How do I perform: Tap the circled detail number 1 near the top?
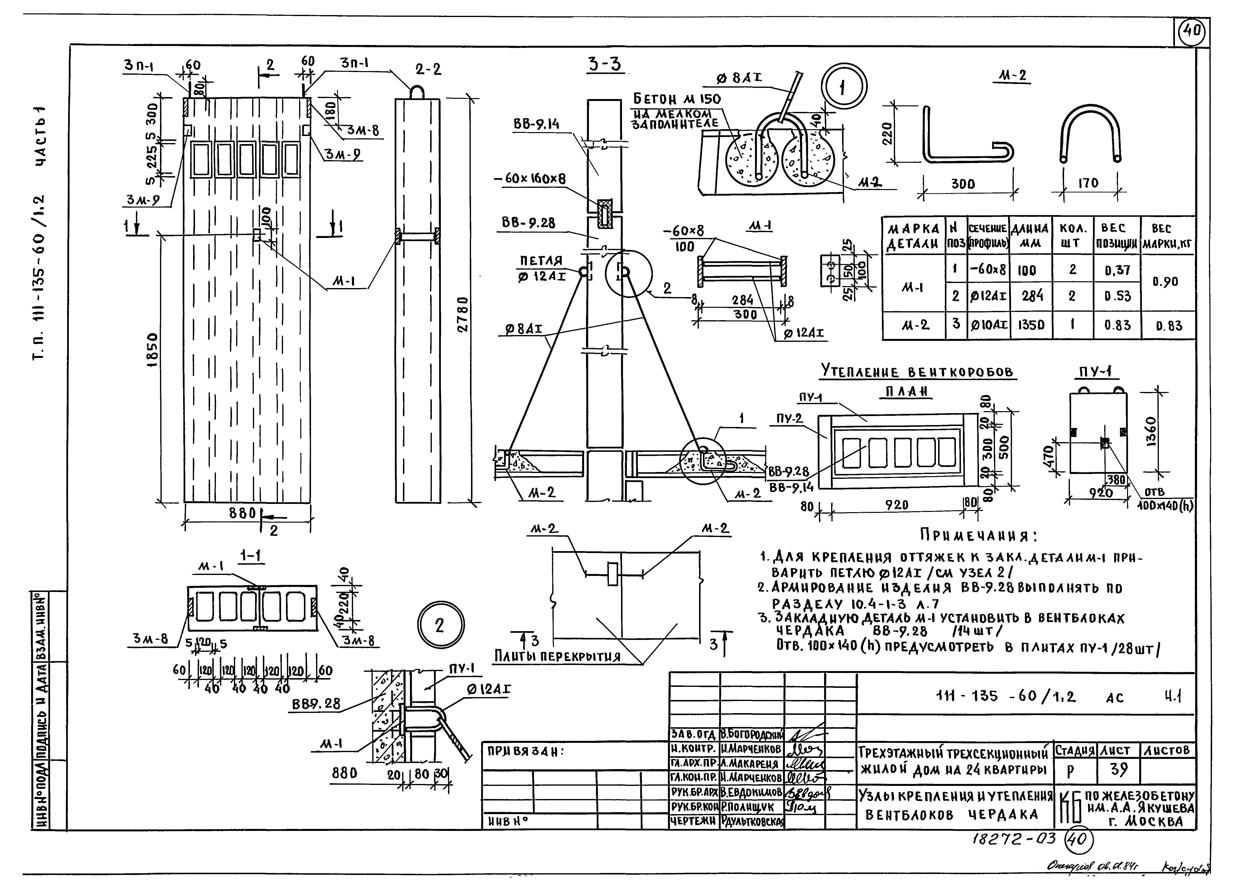[x=844, y=88]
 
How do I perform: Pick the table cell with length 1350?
[x=1031, y=325]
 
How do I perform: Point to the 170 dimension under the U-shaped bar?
[x=1088, y=183]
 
